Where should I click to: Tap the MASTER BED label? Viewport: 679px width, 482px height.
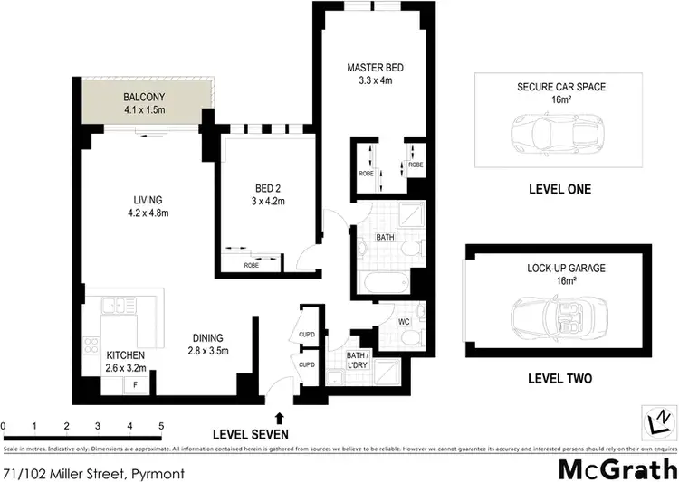coord(371,68)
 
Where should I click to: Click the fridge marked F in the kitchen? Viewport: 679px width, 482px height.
coord(136,385)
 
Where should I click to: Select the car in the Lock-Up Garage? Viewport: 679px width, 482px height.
coord(549,317)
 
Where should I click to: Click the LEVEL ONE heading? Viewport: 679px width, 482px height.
coord(559,190)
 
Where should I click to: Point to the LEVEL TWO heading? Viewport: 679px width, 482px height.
coord(560,379)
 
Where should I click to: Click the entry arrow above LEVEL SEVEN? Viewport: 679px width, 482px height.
coord(279,417)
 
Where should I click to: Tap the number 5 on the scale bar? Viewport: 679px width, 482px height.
coord(161,425)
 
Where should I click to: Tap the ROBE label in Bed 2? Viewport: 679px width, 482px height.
coord(251,266)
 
